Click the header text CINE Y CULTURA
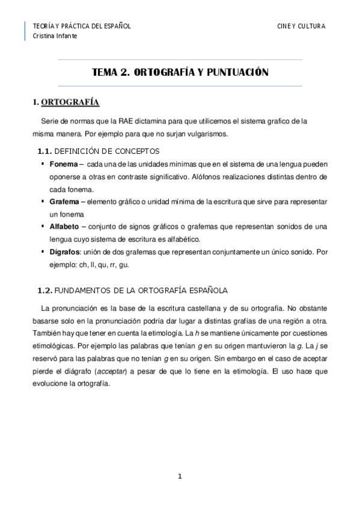(x=301, y=26)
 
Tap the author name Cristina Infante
(x=55, y=35)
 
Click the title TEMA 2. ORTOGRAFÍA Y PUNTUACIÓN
(x=180, y=72)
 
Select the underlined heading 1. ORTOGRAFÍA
(x=66, y=102)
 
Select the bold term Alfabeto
(x=64, y=227)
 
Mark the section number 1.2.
(x=45, y=290)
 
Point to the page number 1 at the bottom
(x=180, y=477)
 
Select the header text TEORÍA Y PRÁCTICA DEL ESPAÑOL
(x=81, y=26)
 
